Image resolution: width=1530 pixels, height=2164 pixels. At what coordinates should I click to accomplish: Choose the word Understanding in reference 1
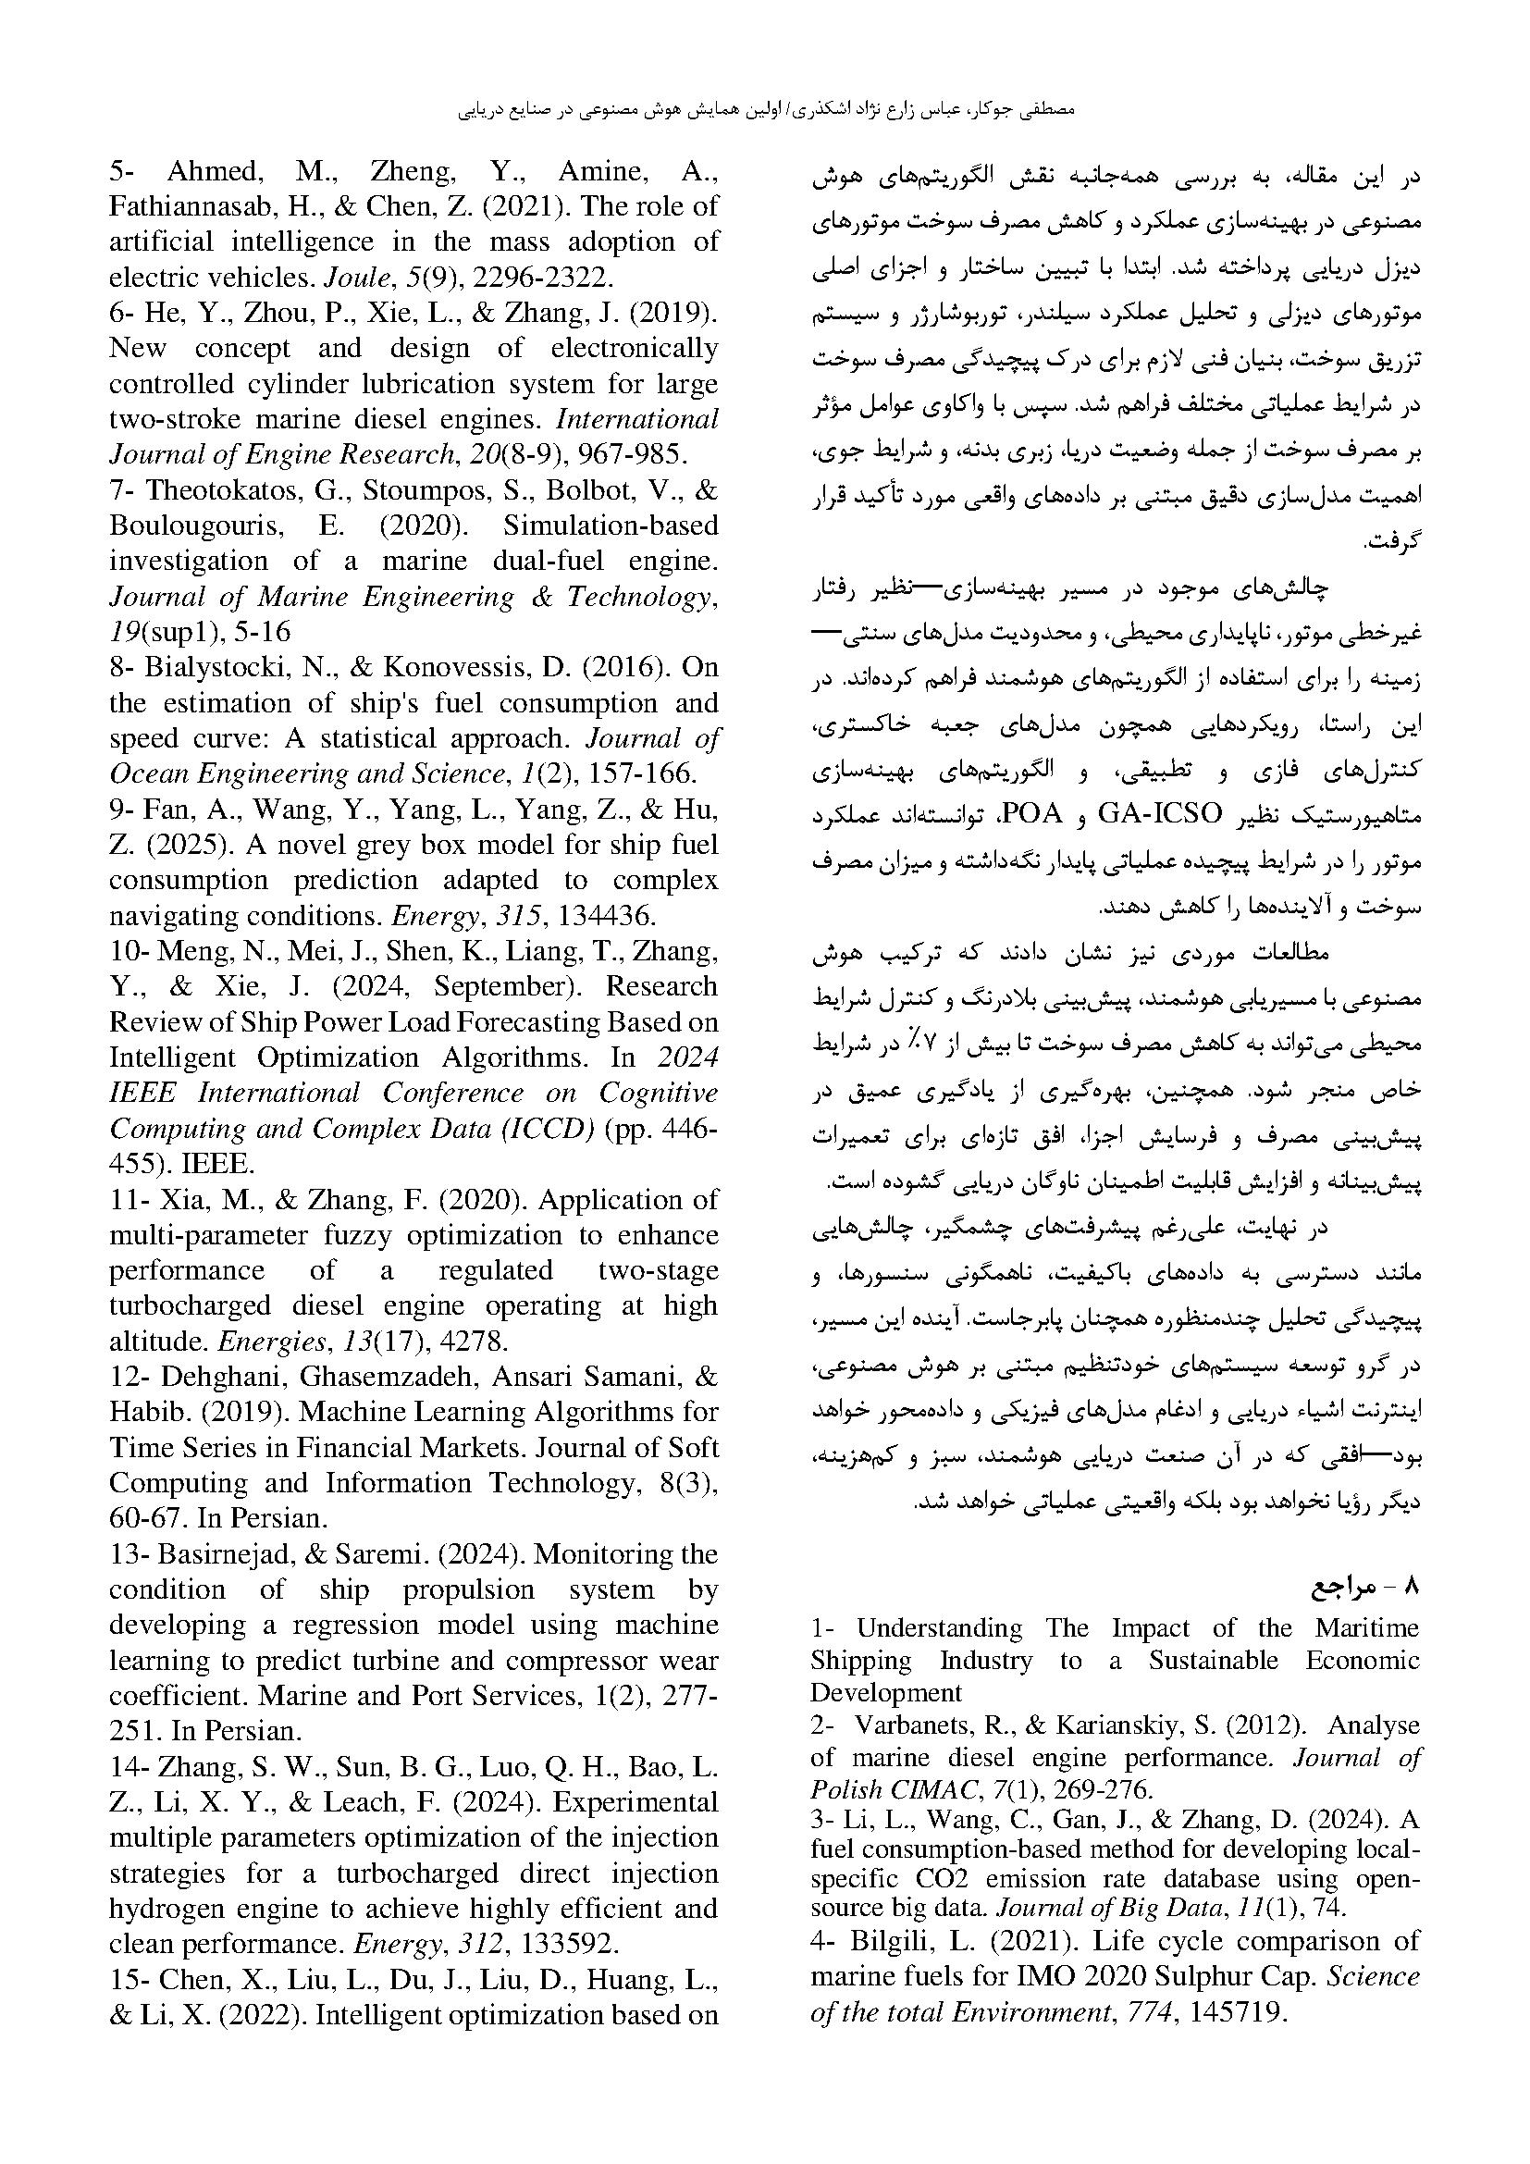click(x=939, y=1628)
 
